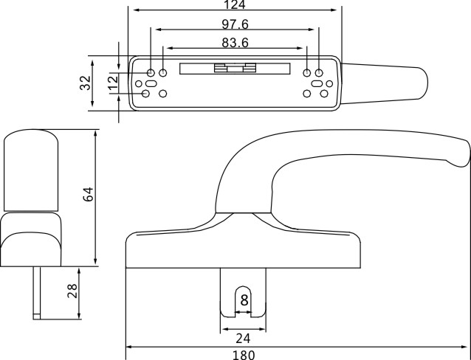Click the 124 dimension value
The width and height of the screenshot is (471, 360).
[234, 4]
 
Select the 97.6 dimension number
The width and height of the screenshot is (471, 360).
[234, 24]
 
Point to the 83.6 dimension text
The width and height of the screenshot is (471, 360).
[234, 42]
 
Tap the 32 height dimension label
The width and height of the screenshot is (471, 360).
[85, 82]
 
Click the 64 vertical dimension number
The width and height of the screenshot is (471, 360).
[88, 195]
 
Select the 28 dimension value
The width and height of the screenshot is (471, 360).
[72, 290]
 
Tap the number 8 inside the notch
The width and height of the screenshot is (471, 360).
[244, 300]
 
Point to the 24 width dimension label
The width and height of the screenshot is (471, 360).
[243, 339]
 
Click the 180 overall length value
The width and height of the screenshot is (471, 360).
[244, 355]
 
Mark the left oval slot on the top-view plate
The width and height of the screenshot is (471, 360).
[150, 84]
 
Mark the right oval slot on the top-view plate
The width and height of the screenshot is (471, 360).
[318, 84]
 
